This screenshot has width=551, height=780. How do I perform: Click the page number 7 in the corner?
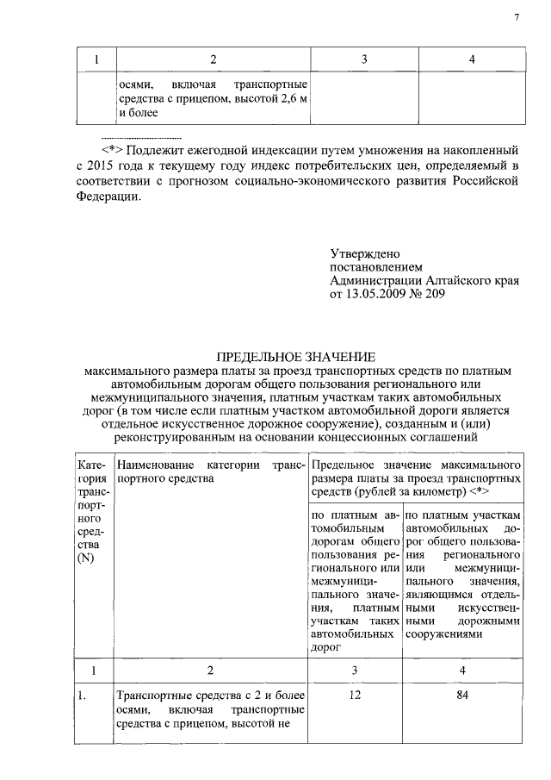click(517, 17)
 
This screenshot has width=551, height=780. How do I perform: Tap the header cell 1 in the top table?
click(96, 59)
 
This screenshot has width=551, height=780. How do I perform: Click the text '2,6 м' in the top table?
click(291, 99)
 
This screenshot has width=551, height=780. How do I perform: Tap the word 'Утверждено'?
click(365, 254)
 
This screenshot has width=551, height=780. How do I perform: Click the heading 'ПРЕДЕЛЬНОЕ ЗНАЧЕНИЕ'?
click(298, 356)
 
